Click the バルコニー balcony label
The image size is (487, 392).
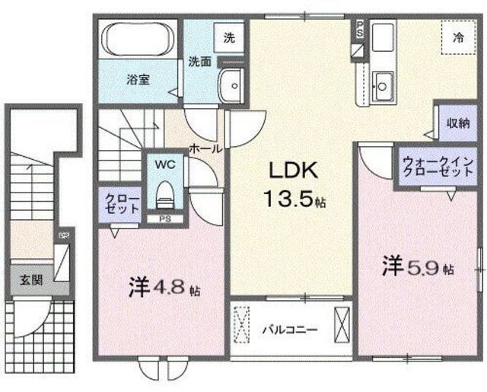coord(290,330)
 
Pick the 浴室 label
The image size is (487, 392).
coord(138,78)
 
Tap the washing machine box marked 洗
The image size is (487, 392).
coord(228,36)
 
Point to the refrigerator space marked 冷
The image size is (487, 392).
coord(458,36)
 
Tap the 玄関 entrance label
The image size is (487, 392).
coord(32,279)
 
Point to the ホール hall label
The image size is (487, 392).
coord(205,148)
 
